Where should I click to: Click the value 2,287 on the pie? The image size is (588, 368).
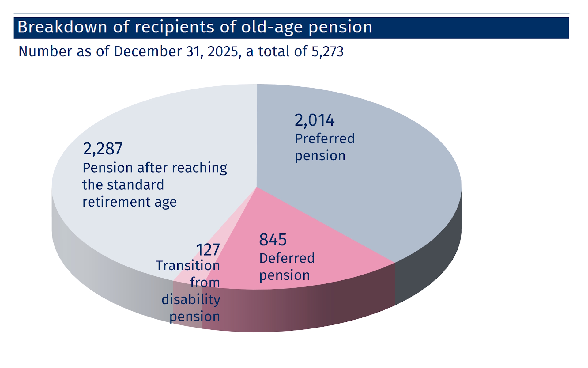(103, 149)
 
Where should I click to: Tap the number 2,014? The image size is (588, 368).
(315, 120)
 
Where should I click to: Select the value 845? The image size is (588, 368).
(273, 240)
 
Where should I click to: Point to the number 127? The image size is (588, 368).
(208, 250)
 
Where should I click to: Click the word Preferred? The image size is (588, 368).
(325, 138)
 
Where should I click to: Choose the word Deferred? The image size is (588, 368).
(287, 258)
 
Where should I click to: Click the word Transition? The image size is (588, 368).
(188, 266)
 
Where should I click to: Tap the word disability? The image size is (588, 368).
(191, 300)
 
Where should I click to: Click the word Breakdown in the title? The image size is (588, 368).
(62, 27)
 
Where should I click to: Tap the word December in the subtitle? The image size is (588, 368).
(148, 51)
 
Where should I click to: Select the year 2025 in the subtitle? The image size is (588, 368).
(223, 51)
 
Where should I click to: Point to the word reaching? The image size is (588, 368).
(199, 168)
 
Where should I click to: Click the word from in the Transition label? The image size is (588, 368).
(205, 283)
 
